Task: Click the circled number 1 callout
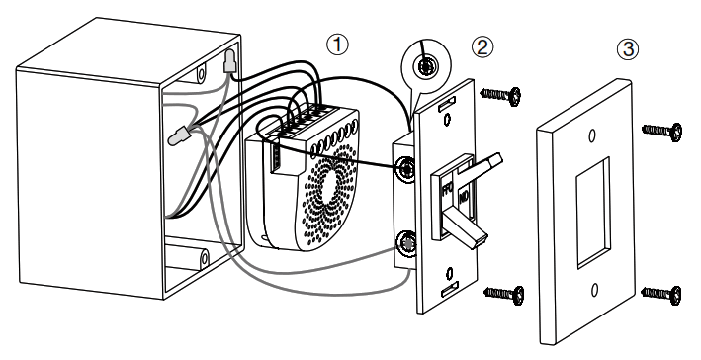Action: click(339, 45)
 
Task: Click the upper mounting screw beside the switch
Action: click(501, 94)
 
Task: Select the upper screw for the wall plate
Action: click(661, 131)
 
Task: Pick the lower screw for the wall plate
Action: click(660, 292)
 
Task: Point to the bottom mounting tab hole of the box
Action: click(202, 259)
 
